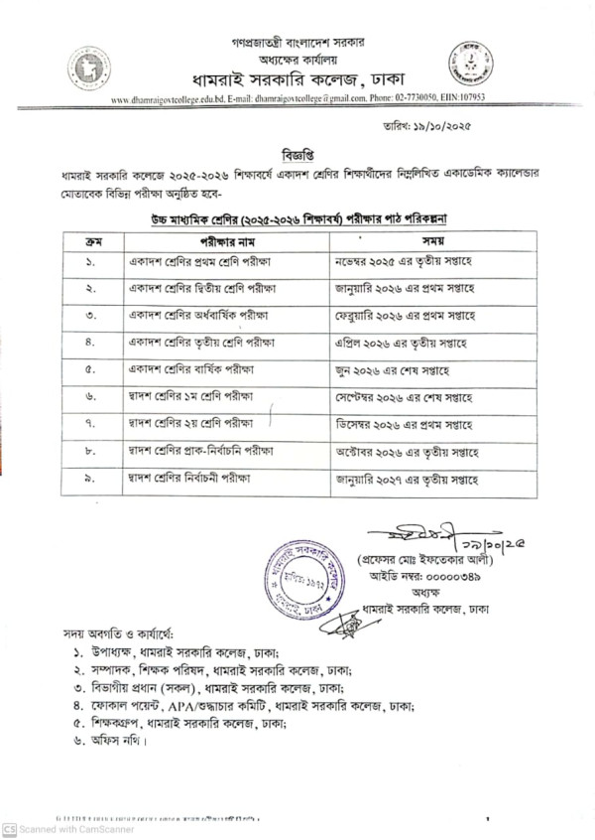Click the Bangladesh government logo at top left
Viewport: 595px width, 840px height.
point(88,69)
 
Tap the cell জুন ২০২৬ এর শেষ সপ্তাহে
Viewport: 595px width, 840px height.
point(392,369)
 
